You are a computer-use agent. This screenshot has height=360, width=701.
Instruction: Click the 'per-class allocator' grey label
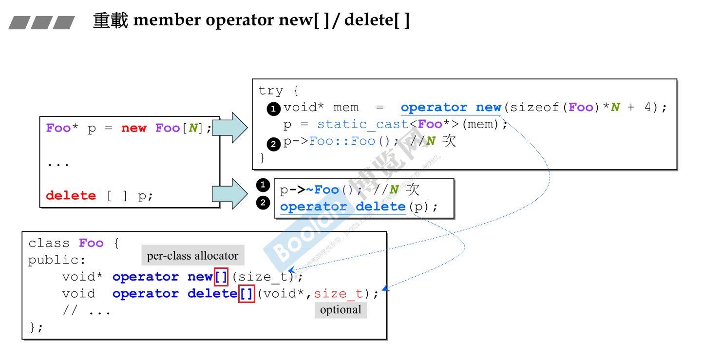pyautogui.click(x=193, y=255)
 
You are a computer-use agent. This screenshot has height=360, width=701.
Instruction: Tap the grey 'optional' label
pyautogui.click(x=341, y=310)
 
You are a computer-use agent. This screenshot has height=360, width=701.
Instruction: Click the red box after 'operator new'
pyautogui.click(x=221, y=277)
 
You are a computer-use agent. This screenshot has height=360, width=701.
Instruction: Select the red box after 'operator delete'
pyautogui.click(x=246, y=294)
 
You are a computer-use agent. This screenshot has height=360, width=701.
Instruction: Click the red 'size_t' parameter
pyautogui.click(x=338, y=294)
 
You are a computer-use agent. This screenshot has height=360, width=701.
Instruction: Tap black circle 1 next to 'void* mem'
pyautogui.click(x=273, y=109)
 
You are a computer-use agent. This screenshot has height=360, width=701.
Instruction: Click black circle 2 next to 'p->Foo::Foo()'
pyautogui.click(x=273, y=143)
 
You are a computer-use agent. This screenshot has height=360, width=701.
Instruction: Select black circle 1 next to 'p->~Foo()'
pyautogui.click(x=263, y=185)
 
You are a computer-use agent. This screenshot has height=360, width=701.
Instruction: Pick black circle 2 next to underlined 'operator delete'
pyautogui.click(x=263, y=202)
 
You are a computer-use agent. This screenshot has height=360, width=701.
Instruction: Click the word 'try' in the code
pyautogui.click(x=270, y=91)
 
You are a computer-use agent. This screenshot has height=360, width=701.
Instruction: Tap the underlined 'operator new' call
pyautogui.click(x=451, y=108)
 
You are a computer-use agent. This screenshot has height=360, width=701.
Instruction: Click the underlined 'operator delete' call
pyautogui.click(x=342, y=207)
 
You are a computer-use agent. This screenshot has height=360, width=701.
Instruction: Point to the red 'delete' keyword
pyautogui.click(x=71, y=195)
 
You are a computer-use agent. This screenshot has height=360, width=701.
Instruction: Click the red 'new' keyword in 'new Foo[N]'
pyautogui.click(x=133, y=128)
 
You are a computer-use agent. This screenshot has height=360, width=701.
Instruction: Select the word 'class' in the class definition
pyautogui.click(x=49, y=243)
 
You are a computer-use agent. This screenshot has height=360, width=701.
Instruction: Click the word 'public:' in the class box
pyautogui.click(x=57, y=260)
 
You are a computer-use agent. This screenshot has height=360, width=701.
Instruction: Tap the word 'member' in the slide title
pyautogui.click(x=167, y=20)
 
